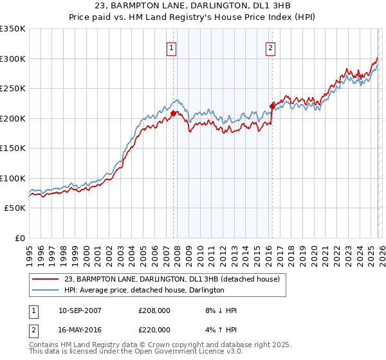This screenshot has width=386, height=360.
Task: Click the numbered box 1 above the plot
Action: coord(172,48)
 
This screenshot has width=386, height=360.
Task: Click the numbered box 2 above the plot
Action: coord(270,48)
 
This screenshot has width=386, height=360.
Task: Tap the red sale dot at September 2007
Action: coord(173,114)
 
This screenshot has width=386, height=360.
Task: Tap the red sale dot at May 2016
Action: coord(271,107)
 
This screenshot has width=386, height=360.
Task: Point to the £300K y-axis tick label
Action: coord(13,59)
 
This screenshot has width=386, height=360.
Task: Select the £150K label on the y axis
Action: coord(13,148)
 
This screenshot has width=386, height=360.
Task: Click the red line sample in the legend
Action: coord(46,280)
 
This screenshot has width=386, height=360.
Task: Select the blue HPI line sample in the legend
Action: coord(46,291)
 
